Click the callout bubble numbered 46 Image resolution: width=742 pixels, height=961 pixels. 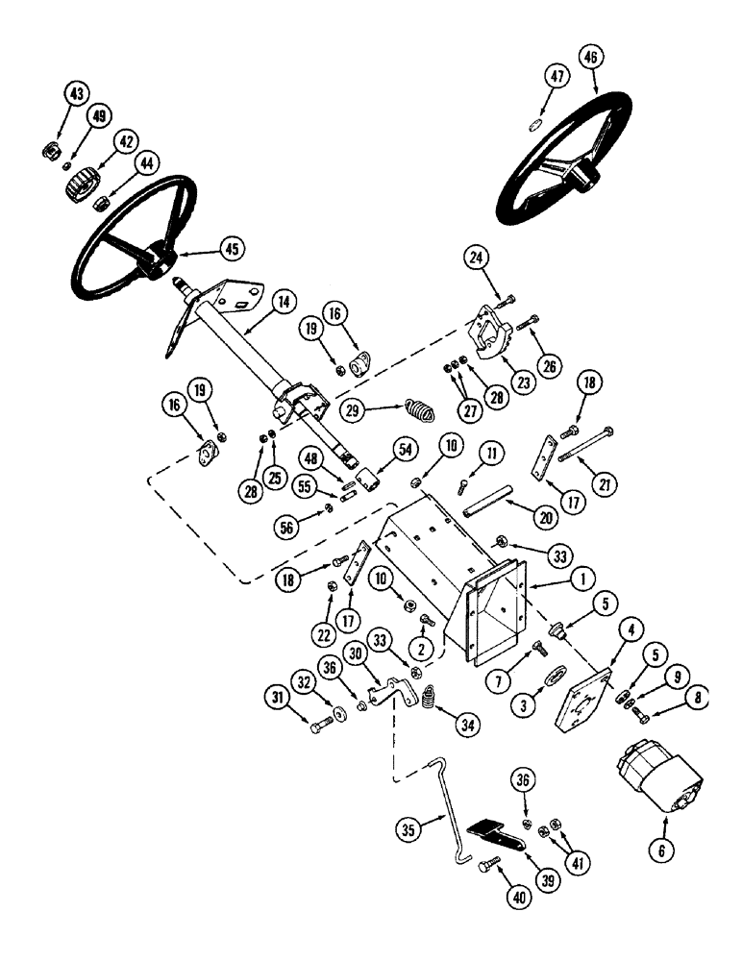pyautogui.click(x=590, y=58)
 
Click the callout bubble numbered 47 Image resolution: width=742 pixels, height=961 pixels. pyautogui.click(x=555, y=77)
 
